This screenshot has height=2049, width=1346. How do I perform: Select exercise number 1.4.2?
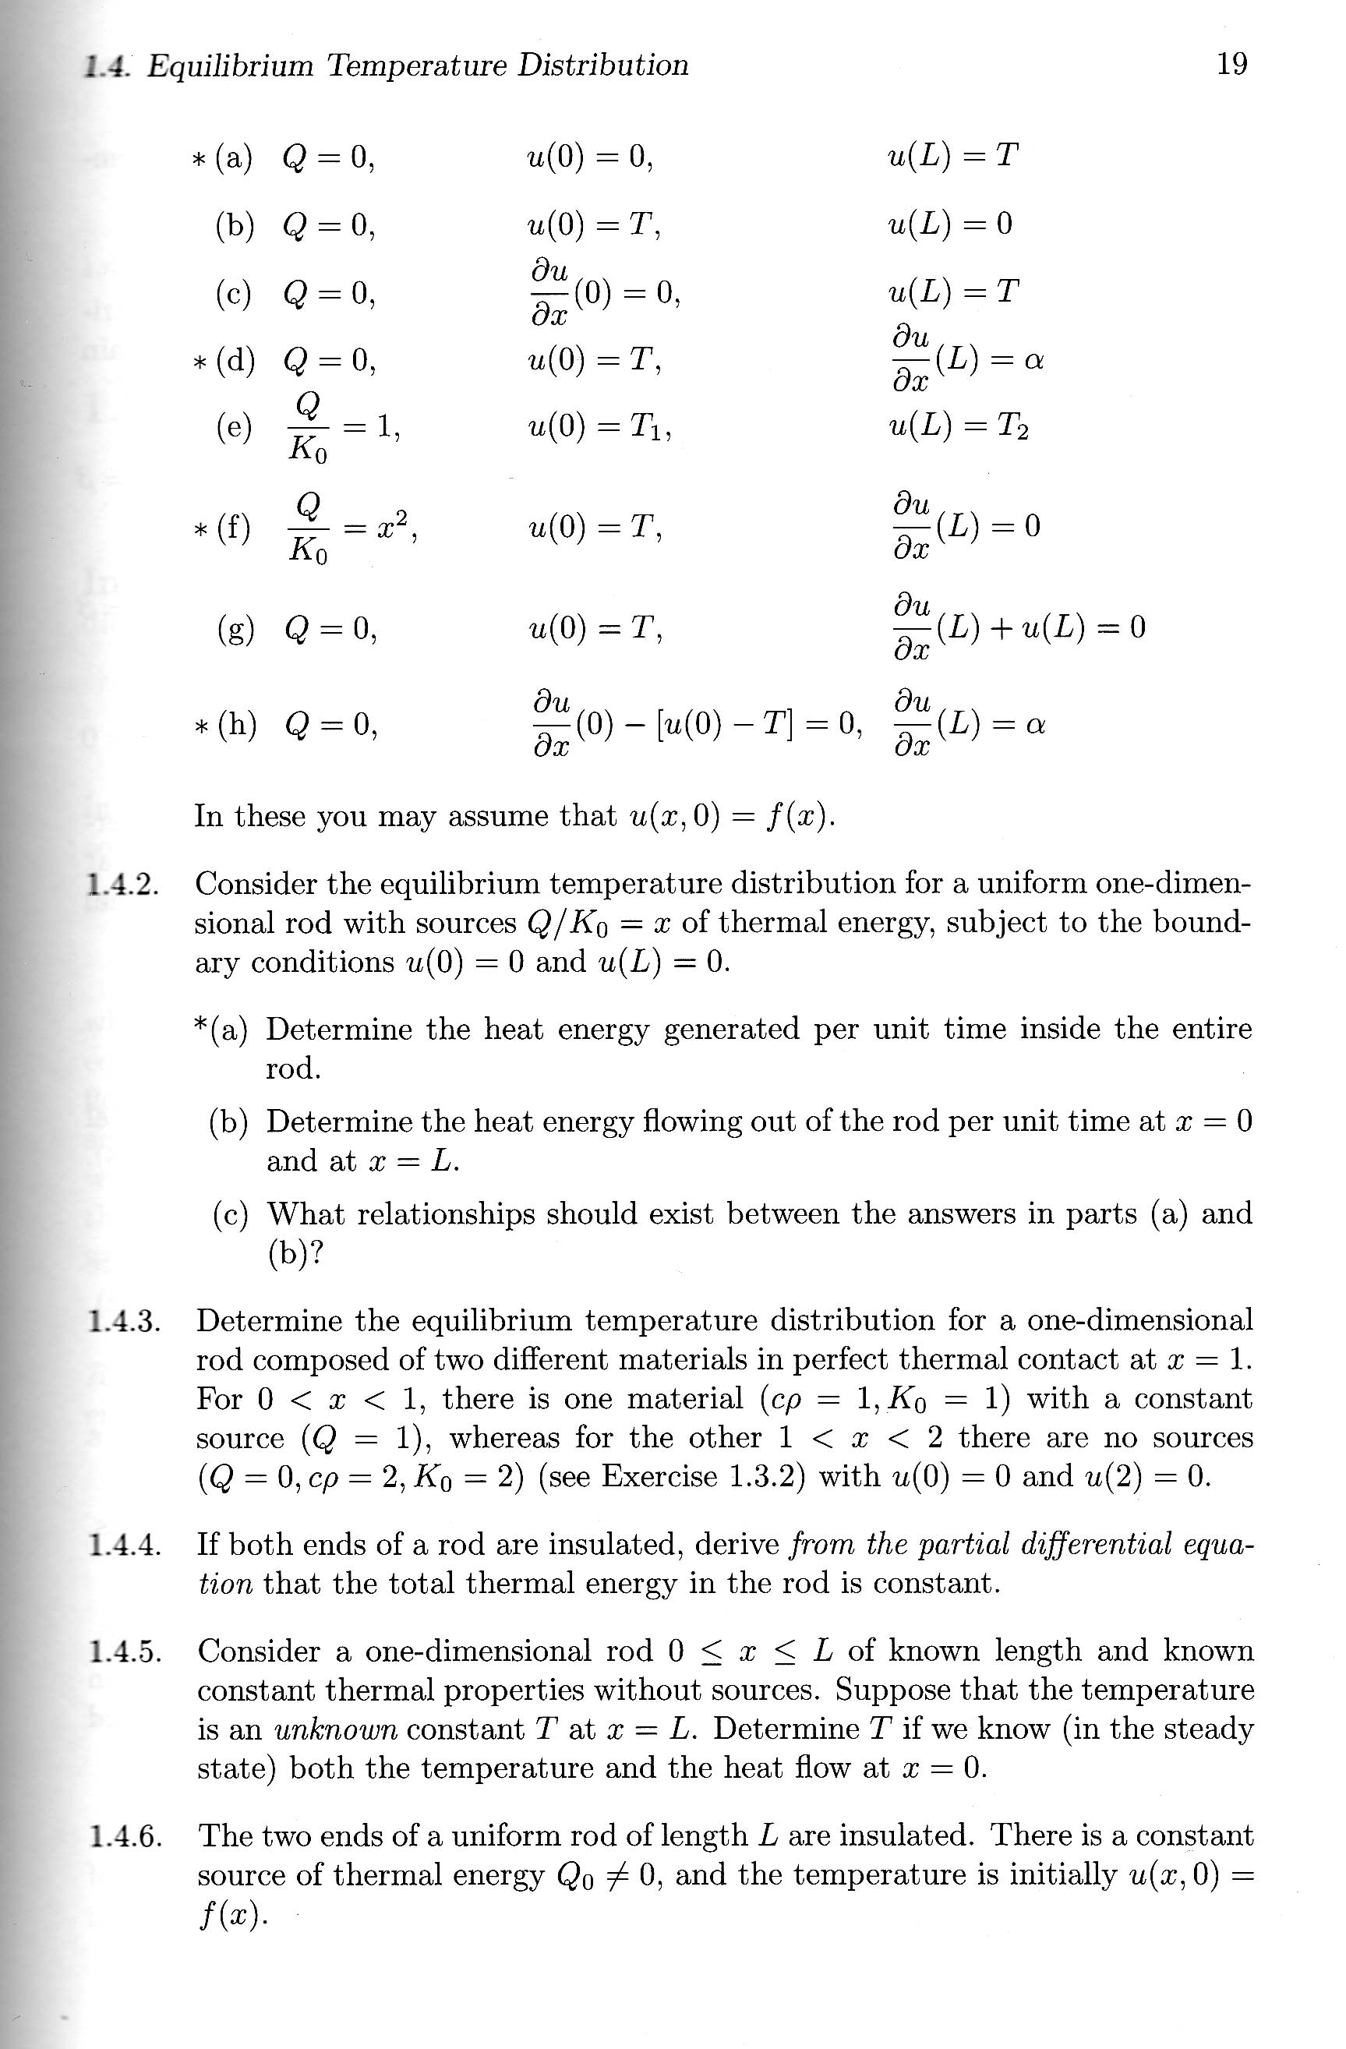[x=124, y=883]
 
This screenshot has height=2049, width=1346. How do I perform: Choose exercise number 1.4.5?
[x=125, y=1652]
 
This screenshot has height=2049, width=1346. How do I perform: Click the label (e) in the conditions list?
[x=235, y=426]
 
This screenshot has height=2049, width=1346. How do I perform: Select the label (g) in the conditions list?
[x=235, y=629]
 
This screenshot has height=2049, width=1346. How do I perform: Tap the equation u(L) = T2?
[x=959, y=426]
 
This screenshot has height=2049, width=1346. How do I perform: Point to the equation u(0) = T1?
[x=599, y=426]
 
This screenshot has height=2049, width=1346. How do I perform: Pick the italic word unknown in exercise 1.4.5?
[x=336, y=1729]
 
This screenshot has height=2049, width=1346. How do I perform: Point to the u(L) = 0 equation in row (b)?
[x=950, y=224]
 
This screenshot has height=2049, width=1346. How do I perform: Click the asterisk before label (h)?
[x=198, y=725]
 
